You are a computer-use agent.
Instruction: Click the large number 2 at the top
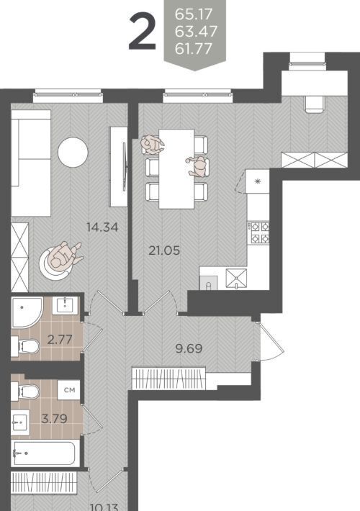pos(143,32)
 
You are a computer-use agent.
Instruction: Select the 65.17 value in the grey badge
pos(194,14)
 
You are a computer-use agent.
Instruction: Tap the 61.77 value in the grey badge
pos(194,48)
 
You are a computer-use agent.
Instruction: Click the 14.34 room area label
pos(102,227)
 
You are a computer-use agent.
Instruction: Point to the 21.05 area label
pos(164,250)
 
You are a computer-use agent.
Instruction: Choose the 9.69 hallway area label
pos(189,348)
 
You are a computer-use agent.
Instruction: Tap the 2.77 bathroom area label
pos(60,340)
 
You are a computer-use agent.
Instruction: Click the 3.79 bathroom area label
pos(55,418)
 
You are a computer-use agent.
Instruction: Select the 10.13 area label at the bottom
pos(104,507)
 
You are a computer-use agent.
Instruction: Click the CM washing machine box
pos(69,390)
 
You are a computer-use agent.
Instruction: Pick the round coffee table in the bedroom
pos(73,152)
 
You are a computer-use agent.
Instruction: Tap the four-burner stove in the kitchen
pos(260,232)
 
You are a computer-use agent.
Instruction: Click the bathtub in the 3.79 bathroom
pos(45,453)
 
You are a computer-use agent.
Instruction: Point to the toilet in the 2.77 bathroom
pos(25,346)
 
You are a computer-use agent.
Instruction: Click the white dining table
pos(176,168)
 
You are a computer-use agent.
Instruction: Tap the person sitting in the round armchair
pos(64,255)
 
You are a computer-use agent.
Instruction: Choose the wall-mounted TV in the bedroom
pos(125,166)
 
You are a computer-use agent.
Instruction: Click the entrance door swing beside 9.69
pos(270,341)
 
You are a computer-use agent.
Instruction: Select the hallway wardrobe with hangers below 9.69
pos(168,378)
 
